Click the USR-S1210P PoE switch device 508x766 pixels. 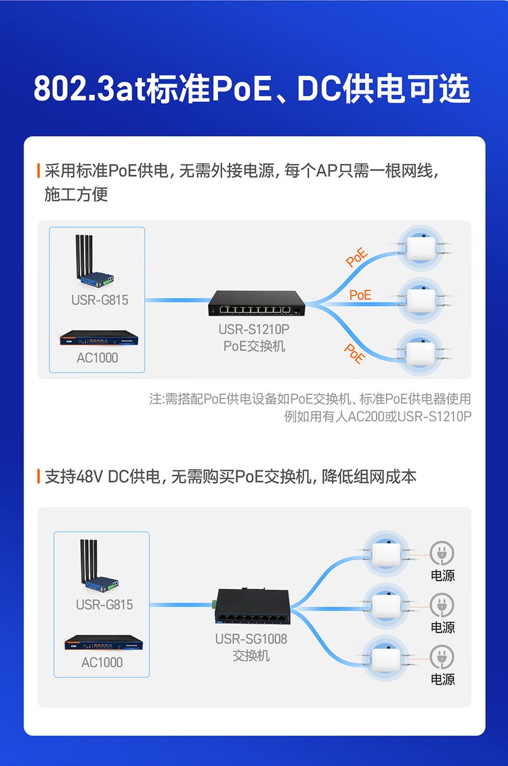(x=256, y=303)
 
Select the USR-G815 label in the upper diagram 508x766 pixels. (x=100, y=300)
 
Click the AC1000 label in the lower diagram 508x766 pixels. (x=102, y=662)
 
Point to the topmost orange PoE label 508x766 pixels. (x=356, y=258)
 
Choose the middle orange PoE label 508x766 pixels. (x=360, y=295)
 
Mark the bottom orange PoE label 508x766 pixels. (x=354, y=353)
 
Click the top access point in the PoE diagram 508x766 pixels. (x=419, y=247)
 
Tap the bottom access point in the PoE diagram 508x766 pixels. (x=419, y=353)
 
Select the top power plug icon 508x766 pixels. (x=442, y=553)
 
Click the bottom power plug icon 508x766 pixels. (x=442, y=657)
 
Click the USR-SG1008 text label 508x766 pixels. (x=251, y=639)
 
